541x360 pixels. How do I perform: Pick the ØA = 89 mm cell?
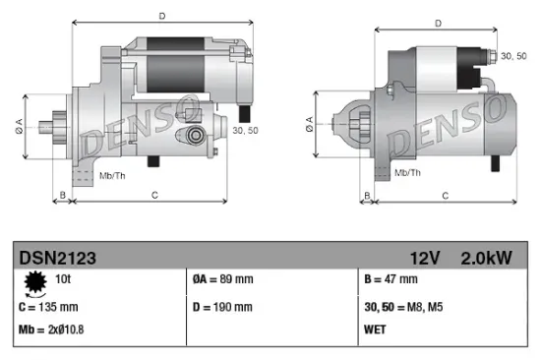click(x=223, y=279)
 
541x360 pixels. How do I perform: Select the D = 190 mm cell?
click(x=222, y=305)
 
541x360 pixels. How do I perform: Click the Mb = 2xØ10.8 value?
click(x=52, y=328)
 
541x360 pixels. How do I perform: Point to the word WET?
click(x=375, y=328)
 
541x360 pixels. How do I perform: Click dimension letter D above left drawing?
click(x=161, y=15)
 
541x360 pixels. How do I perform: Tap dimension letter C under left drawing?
click(x=154, y=196)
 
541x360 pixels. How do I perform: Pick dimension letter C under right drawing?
click(x=445, y=196)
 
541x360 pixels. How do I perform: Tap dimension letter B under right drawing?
click(x=366, y=196)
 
